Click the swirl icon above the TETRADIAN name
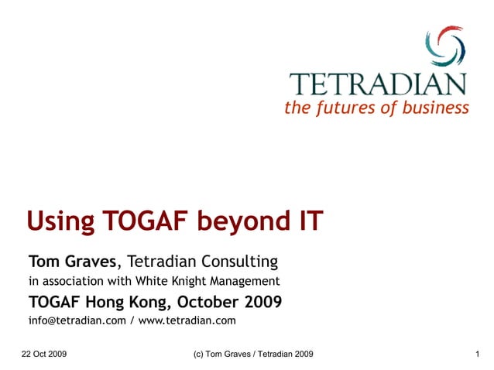(444, 46)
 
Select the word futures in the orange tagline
(341, 107)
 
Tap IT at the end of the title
(307, 223)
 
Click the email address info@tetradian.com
(77, 320)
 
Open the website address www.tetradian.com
(187, 320)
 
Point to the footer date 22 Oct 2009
(44, 354)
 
